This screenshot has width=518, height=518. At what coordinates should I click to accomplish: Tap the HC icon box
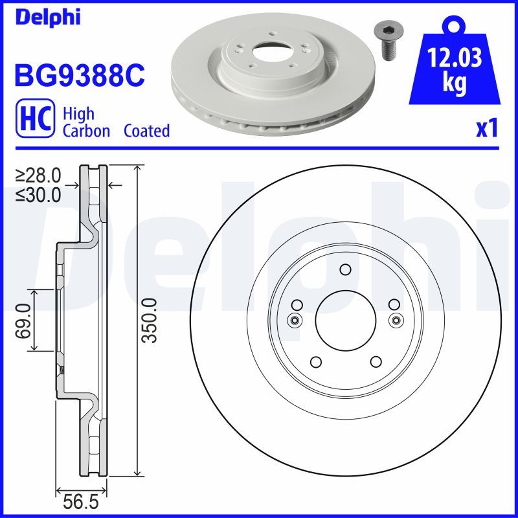click(34, 122)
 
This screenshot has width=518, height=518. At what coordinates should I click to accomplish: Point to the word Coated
click(146, 131)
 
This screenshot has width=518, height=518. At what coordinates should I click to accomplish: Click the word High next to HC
click(78, 114)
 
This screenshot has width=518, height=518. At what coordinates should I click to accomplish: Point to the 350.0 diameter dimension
click(150, 321)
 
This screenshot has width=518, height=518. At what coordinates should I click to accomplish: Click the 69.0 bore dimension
click(23, 321)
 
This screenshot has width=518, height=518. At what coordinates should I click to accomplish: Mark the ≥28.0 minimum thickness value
click(39, 175)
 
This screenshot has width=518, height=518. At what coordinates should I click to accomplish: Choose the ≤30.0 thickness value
click(39, 193)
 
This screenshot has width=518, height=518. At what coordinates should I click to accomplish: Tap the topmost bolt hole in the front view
click(344, 270)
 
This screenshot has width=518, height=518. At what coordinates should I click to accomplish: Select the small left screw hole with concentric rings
click(295, 320)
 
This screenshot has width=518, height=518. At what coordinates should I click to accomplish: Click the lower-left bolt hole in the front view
click(315, 362)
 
